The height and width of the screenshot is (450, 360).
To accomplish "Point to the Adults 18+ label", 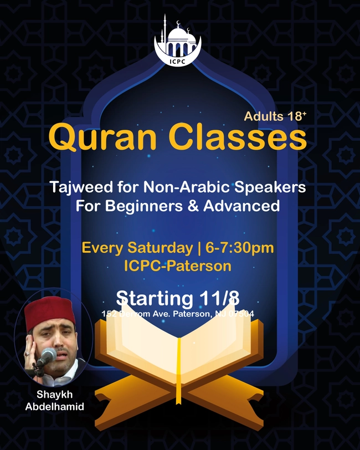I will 275,116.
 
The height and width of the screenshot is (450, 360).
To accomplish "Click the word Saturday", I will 158,247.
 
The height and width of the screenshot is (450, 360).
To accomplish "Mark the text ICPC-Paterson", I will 178,265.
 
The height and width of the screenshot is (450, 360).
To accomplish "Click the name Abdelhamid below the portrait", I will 51,406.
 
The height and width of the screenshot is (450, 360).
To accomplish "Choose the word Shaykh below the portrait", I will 51,395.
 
